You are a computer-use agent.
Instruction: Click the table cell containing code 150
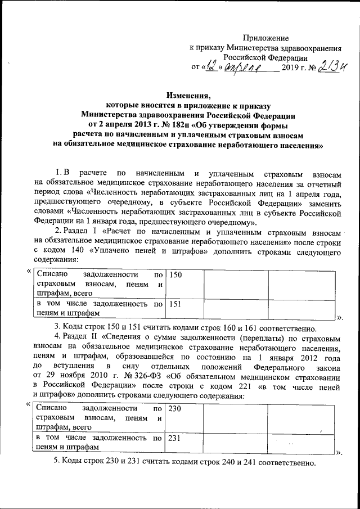coord(182,284)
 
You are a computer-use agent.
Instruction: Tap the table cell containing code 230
coord(182,420)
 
